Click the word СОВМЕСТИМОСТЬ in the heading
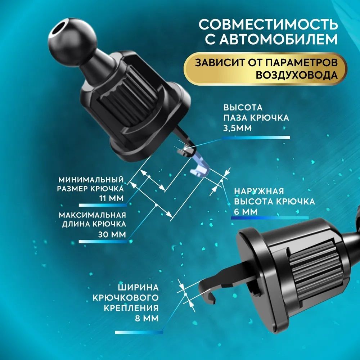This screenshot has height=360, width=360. click(268, 24)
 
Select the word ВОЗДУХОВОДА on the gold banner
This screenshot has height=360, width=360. click(297, 75)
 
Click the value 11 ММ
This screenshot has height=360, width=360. click(112, 198)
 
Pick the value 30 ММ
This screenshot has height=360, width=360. click(112, 234)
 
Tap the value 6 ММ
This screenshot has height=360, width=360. click(246, 212)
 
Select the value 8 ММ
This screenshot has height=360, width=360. click(147, 318)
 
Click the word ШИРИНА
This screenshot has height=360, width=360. click(138, 287)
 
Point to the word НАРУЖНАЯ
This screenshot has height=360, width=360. click(259, 191)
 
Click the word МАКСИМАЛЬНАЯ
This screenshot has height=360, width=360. click(92, 215)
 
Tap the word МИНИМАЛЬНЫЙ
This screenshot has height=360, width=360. click(91, 179)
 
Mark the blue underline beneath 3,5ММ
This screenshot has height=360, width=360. click(256, 138)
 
